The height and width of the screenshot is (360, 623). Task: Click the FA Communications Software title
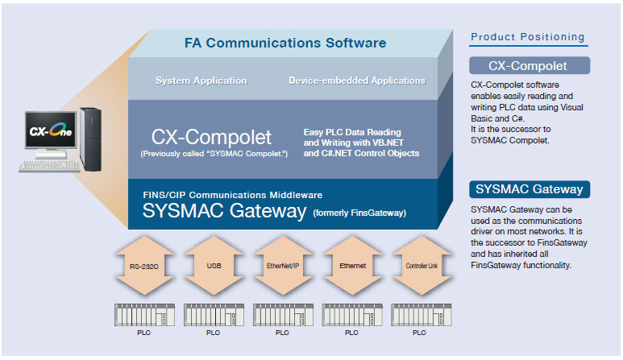click(285, 43)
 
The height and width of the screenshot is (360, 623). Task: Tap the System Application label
click(201, 81)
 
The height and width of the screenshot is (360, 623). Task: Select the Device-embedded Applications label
click(357, 81)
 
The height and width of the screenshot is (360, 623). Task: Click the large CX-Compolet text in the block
click(211, 138)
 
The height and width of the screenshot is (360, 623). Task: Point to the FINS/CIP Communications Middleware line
click(232, 195)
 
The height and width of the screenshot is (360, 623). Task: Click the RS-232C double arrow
click(144, 266)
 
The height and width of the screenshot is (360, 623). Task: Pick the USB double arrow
click(214, 266)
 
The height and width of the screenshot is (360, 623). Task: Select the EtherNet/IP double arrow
click(283, 266)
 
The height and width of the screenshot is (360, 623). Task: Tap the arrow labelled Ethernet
click(352, 266)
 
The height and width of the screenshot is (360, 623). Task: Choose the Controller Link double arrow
click(422, 266)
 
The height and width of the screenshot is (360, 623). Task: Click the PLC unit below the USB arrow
click(214, 315)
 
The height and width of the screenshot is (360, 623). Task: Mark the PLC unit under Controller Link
click(422, 315)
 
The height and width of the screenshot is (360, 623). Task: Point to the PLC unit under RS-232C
click(144, 315)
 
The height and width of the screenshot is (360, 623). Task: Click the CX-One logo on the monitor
click(51, 130)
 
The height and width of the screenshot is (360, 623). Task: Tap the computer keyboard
click(49, 166)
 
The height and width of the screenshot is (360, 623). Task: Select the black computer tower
click(90, 139)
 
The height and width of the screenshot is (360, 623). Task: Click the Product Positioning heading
click(528, 37)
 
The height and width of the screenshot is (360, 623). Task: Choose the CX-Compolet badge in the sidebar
click(530, 65)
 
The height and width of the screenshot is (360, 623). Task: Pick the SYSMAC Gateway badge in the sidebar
click(530, 189)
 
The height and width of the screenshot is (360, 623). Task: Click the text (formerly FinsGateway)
click(359, 213)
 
